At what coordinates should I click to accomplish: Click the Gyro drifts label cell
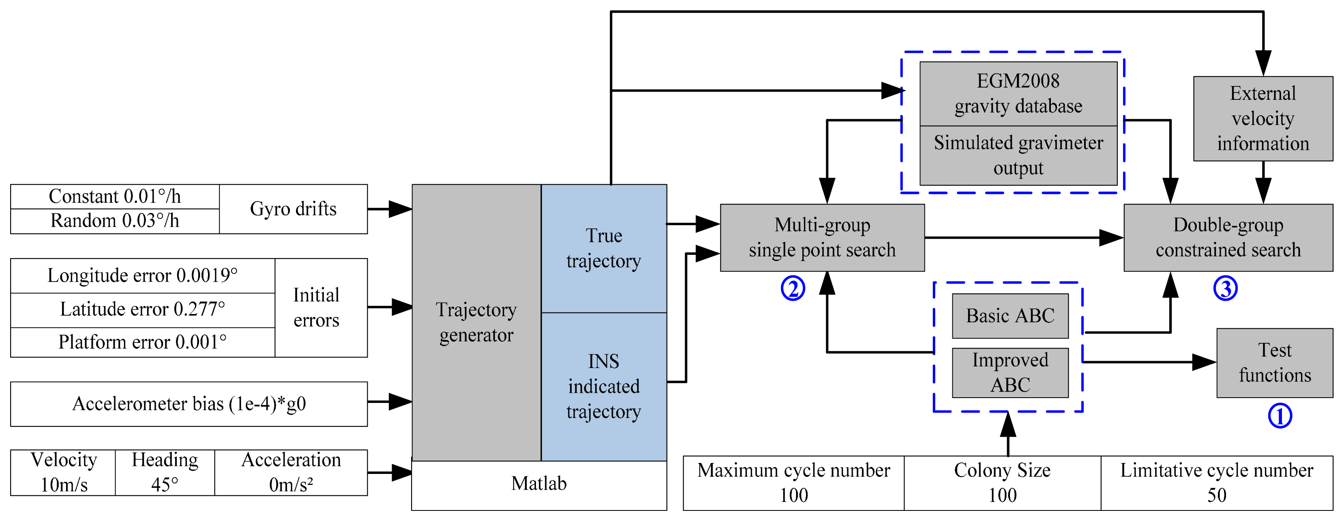pos(293,209)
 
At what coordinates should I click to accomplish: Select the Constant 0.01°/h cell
pos(115,196)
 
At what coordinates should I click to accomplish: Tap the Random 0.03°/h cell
pos(115,221)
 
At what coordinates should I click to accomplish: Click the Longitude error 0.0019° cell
pos(142,275)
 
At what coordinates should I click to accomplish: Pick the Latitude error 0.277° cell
pos(142,310)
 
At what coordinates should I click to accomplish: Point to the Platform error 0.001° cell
pos(142,342)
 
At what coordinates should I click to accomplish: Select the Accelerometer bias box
pos(189,404)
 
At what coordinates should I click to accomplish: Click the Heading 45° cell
pos(165,472)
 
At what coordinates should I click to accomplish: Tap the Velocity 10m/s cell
pos(63,472)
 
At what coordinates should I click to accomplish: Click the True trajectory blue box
pos(604,248)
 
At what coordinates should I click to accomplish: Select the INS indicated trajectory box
pos(604,386)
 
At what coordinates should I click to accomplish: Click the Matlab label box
pos(539,484)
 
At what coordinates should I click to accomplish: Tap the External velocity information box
pos(1263,118)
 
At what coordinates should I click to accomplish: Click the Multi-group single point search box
pos(822,237)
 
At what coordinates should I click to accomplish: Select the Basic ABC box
pos(1010,316)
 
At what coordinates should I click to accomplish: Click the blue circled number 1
pos(1280,416)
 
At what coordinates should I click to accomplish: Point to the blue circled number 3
pos(1225,288)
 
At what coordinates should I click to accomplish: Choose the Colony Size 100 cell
pos(1002,483)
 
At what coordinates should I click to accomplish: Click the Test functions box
pos(1275,363)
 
